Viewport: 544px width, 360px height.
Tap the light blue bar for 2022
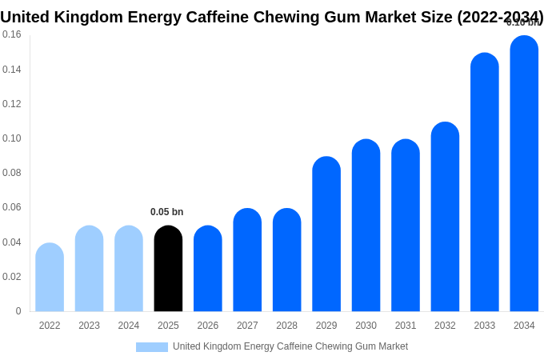(50, 278)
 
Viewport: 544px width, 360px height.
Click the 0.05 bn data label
(166, 212)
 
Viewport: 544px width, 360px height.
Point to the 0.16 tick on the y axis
(12, 34)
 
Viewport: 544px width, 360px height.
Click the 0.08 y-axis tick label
(12, 173)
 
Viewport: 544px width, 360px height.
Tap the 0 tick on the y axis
(18, 311)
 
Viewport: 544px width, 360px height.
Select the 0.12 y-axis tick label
(12, 104)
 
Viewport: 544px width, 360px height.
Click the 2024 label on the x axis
(129, 326)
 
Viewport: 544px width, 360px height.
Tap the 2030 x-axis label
(366, 326)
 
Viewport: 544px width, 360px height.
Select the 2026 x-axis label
(208, 326)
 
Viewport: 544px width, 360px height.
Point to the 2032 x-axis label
(445, 326)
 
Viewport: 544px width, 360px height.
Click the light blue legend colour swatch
(152, 347)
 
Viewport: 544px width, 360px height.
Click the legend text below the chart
(290, 346)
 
